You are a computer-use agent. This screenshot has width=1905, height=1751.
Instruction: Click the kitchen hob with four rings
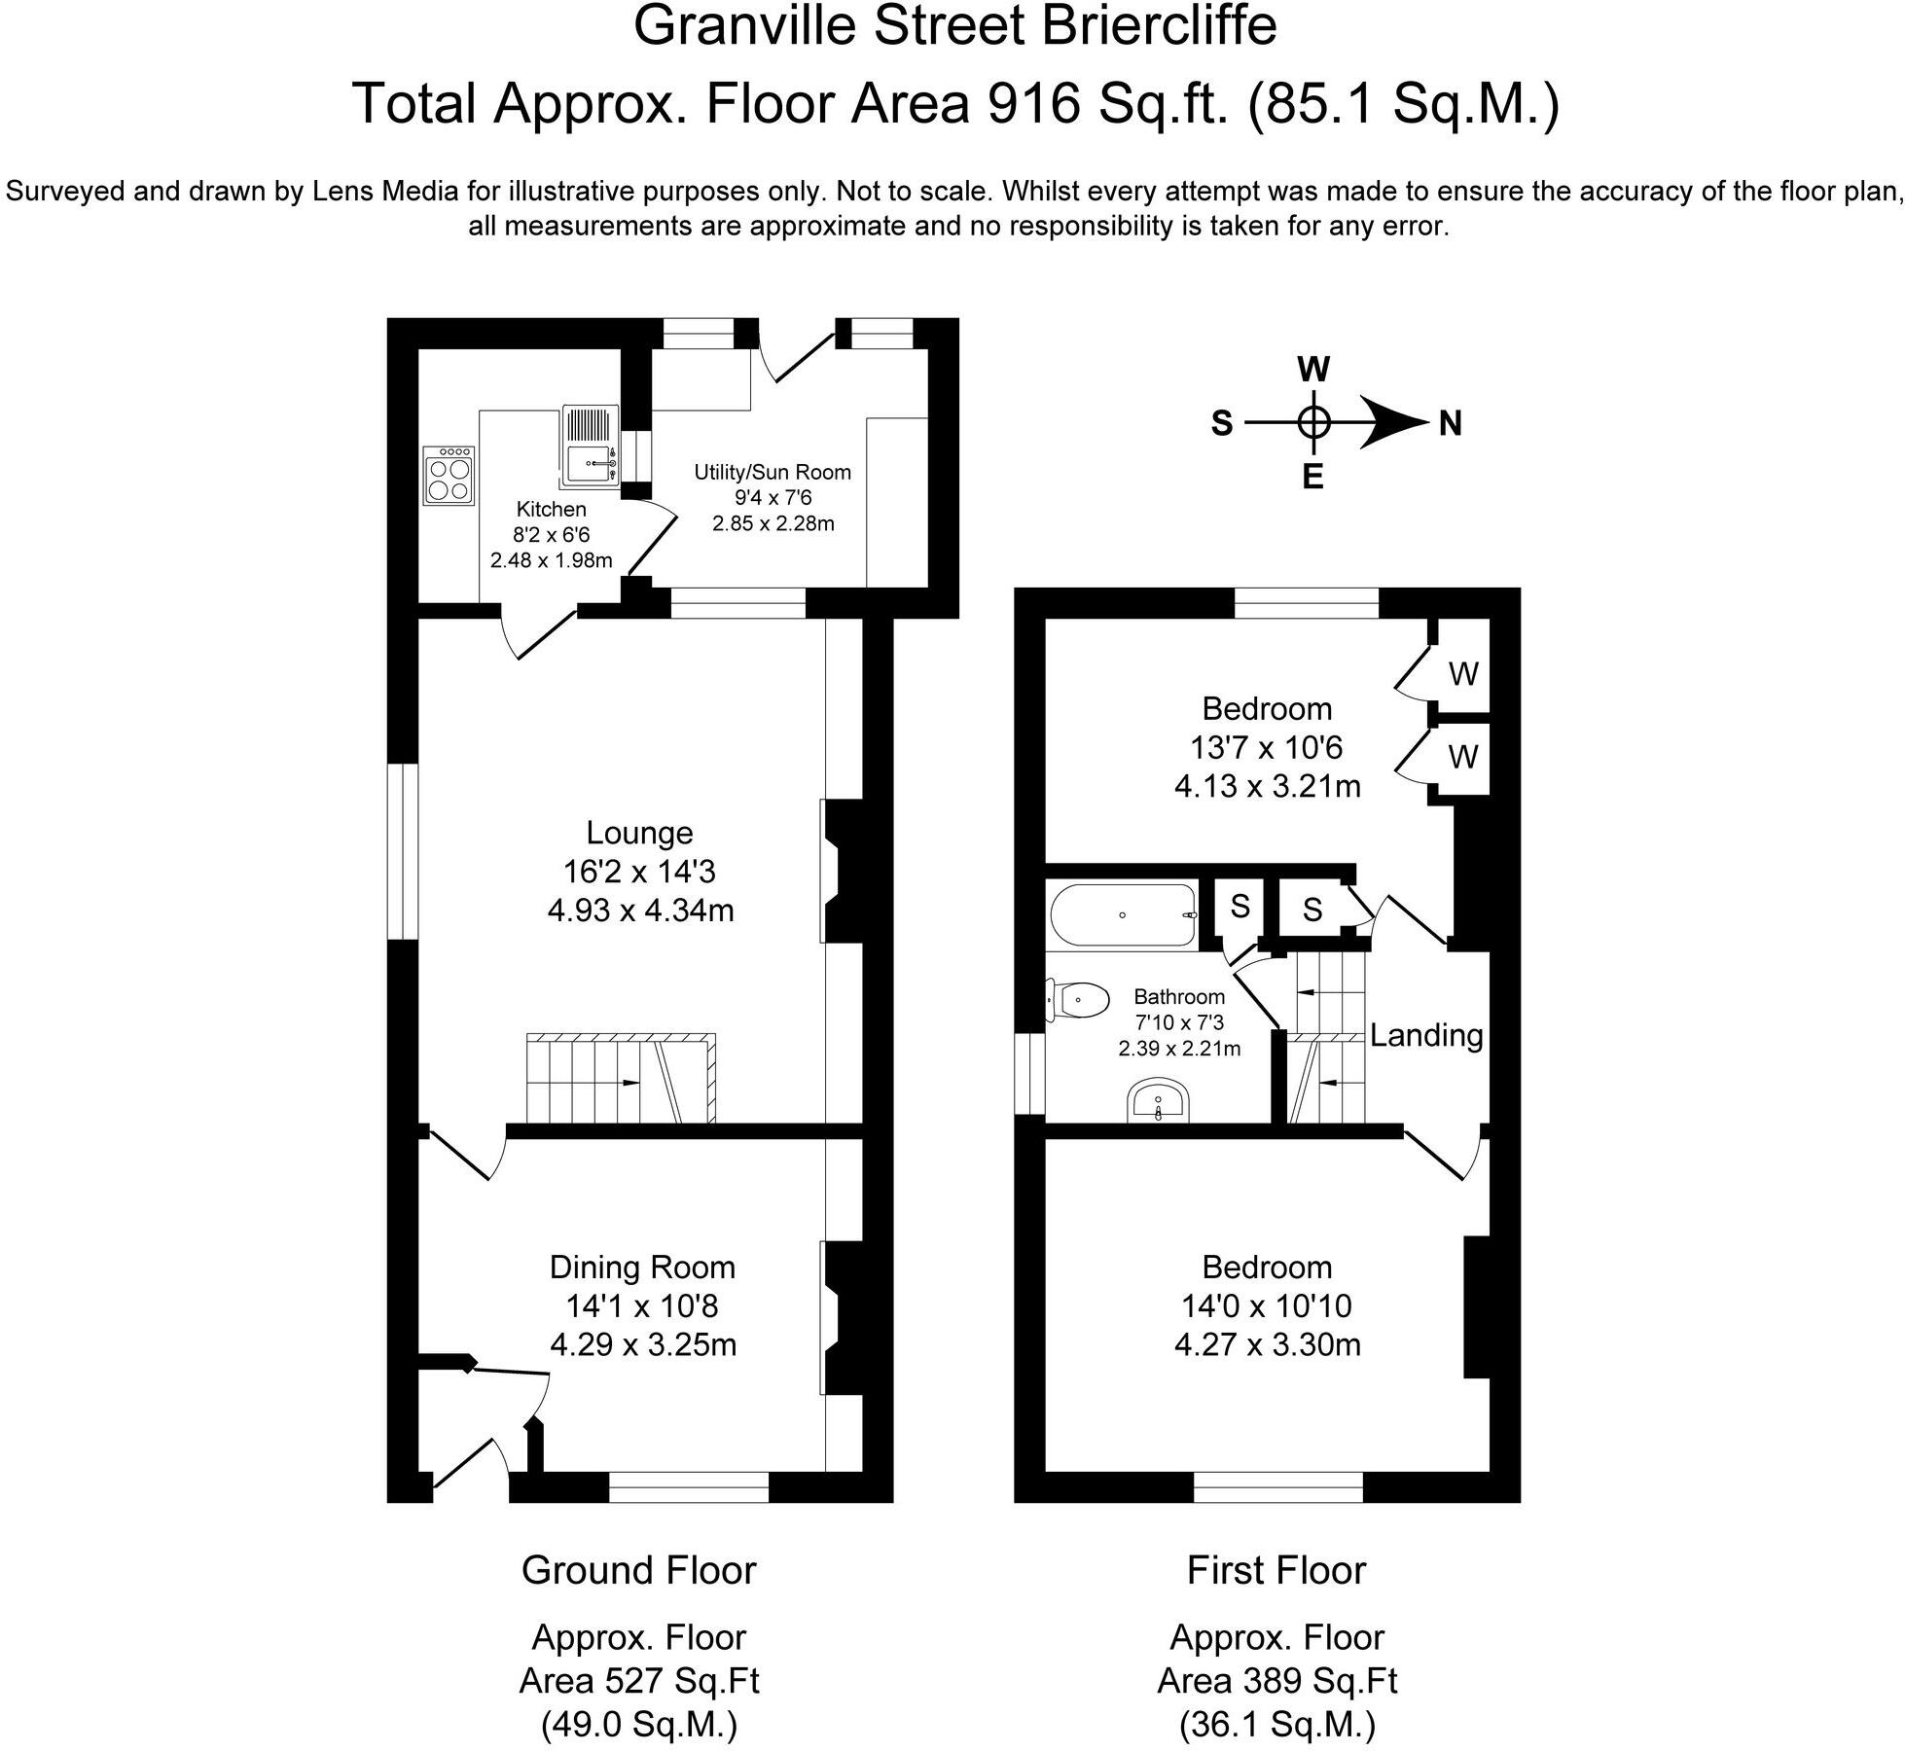[449, 475]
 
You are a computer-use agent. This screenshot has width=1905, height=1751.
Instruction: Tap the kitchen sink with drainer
[590, 447]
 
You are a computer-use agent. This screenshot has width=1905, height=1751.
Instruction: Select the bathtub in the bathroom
[1123, 915]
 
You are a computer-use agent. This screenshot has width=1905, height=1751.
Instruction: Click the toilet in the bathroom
[1079, 999]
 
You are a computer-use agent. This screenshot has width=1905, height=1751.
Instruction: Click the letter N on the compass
[1450, 424]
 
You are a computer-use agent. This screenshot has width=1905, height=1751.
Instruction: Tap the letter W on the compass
[1313, 370]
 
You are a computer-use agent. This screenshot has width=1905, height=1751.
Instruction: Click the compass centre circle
[1314, 423]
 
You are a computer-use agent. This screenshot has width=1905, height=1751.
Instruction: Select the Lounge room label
[639, 833]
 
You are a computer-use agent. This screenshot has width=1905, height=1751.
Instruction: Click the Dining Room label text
[642, 1267]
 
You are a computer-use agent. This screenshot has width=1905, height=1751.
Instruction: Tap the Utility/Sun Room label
[773, 473]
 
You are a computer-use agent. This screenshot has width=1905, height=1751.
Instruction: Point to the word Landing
[1426, 1035]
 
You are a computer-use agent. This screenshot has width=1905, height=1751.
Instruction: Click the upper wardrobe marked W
[1463, 673]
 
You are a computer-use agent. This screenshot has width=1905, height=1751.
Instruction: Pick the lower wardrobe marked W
[1463, 757]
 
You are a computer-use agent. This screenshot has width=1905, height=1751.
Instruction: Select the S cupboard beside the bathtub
[1240, 907]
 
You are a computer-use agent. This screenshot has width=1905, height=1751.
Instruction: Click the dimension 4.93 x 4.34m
[640, 911]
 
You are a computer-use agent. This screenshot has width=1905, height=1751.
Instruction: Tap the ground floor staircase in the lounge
[621, 1079]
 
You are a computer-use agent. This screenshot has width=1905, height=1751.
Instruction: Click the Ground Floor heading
[638, 1570]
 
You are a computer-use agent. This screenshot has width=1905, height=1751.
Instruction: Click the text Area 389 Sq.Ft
[1276, 1680]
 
